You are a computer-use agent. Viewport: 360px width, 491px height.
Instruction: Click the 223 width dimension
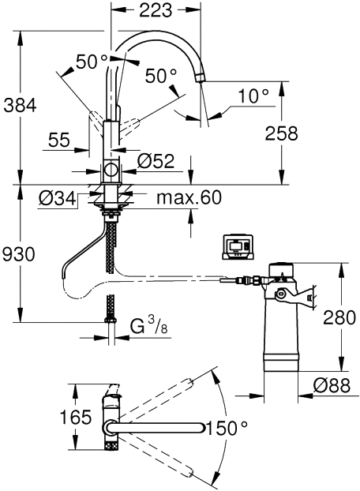coord(156,10)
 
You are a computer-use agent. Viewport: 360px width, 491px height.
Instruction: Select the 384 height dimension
coord(20,105)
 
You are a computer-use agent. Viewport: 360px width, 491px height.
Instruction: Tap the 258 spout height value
coord(281,133)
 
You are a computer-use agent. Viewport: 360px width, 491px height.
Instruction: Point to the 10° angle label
coord(253,96)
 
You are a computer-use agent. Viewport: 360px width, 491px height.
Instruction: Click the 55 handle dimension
coord(59,140)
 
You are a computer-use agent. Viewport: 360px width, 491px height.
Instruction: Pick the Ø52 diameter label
coord(156,161)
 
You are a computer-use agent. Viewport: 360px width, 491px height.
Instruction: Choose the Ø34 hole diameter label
coord(58,198)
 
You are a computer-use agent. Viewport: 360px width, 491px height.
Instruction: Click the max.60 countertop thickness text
coord(189,197)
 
